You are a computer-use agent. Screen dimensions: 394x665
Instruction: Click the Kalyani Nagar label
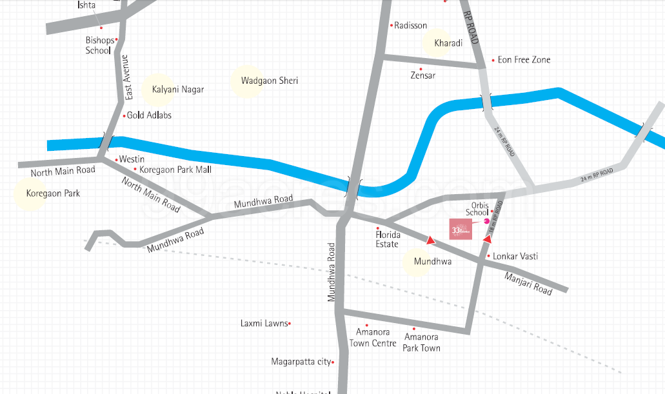(x=177, y=90)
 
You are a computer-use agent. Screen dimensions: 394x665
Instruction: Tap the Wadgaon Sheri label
(x=269, y=81)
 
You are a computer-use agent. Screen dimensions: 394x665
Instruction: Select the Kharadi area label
(x=448, y=43)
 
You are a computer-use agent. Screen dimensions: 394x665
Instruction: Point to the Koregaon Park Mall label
(x=175, y=170)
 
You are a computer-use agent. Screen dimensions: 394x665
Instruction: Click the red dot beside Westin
(x=116, y=159)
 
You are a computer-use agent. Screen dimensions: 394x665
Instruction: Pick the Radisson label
(x=411, y=26)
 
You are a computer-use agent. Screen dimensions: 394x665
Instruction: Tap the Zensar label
(x=423, y=75)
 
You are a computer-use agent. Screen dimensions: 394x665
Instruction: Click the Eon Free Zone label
(x=524, y=60)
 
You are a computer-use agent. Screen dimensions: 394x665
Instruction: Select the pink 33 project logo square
(x=461, y=230)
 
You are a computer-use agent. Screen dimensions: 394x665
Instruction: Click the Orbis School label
(x=477, y=208)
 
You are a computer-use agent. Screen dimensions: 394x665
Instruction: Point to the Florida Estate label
(x=388, y=239)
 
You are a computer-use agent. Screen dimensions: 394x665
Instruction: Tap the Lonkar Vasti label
(x=515, y=257)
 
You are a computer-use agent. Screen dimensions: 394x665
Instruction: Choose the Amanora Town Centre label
(x=373, y=338)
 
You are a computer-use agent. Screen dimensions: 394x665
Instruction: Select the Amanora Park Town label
(x=422, y=342)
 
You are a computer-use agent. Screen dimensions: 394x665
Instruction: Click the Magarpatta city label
(x=301, y=362)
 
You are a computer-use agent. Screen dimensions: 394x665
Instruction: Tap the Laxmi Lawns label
(x=264, y=324)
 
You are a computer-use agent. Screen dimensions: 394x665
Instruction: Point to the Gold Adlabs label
(x=149, y=115)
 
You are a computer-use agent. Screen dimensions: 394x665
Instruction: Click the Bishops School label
(x=99, y=45)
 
